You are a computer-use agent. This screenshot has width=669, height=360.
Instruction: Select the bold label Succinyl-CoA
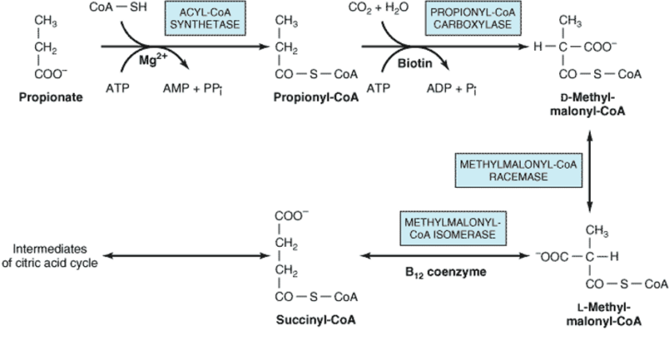pyautogui.click(x=316, y=319)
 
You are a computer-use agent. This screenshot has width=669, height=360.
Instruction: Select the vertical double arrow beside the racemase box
pyautogui.click(x=590, y=169)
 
